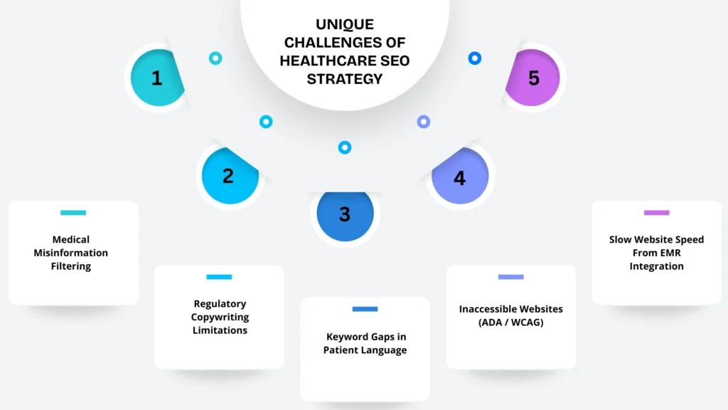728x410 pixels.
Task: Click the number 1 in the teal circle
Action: point(156,78)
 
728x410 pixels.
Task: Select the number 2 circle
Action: point(227,176)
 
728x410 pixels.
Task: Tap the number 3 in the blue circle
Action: point(345,214)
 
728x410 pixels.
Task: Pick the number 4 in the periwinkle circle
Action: point(460,178)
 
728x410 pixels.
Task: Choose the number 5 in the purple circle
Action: point(534,78)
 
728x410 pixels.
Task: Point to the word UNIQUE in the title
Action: point(345,25)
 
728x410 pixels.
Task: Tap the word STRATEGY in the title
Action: point(345,78)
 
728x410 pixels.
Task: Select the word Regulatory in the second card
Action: point(220,304)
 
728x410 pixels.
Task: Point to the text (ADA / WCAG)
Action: point(510,322)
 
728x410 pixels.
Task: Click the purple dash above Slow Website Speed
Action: point(656,212)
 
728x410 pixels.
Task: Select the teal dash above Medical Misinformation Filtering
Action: point(73,212)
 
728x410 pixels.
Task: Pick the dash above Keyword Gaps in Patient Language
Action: point(365,309)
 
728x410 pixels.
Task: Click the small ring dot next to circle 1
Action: point(215,58)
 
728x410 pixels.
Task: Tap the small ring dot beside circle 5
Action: point(475,58)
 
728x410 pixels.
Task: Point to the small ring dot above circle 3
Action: point(345,147)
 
